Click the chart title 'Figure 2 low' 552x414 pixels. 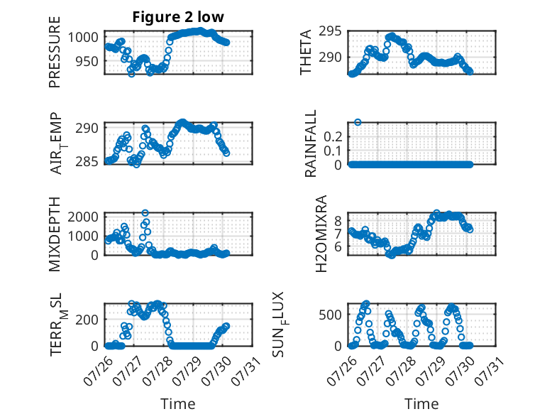point(178,17)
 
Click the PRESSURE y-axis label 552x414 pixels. point(55,52)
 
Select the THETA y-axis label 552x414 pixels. point(306,52)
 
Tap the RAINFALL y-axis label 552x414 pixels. point(311,143)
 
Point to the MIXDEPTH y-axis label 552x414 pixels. point(55,234)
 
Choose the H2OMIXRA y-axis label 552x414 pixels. point(321,234)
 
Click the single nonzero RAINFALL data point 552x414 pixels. point(358,122)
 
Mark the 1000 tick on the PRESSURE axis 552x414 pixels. point(83,37)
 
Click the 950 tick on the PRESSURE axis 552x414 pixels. point(87,61)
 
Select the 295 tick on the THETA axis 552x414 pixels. point(330,31)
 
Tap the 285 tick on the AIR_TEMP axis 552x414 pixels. point(87,162)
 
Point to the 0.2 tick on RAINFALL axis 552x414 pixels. point(333,136)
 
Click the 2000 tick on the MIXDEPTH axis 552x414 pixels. point(83,217)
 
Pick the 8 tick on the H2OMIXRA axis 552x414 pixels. point(338,222)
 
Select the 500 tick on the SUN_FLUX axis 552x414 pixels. point(330,315)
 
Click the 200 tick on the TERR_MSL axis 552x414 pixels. point(87,320)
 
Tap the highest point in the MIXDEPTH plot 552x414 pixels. point(145,213)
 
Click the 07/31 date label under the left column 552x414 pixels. point(247,371)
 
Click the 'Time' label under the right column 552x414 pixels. point(421,404)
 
